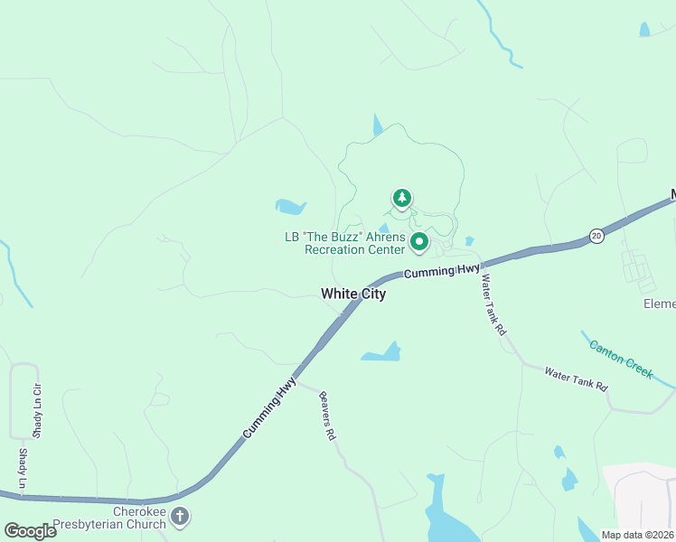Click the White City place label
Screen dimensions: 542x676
(x=353, y=294)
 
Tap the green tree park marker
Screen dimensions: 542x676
(x=401, y=197)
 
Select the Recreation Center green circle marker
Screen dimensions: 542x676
(x=419, y=242)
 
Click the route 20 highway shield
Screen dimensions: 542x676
(x=596, y=235)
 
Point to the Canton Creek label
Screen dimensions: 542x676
(x=621, y=359)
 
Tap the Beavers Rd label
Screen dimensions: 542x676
(x=327, y=416)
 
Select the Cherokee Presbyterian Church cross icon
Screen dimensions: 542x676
(x=180, y=516)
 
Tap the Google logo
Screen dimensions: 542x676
(x=30, y=531)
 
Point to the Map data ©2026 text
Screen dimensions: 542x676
(x=637, y=535)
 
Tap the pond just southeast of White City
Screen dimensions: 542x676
(x=383, y=353)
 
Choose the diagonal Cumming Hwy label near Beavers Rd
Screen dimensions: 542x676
(x=269, y=409)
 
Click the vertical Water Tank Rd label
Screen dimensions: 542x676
(x=493, y=305)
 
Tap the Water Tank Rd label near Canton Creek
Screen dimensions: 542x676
(x=576, y=378)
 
